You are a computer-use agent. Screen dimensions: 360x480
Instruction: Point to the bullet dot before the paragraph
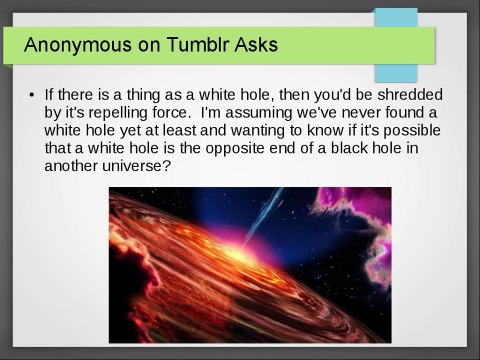coord(32,95)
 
